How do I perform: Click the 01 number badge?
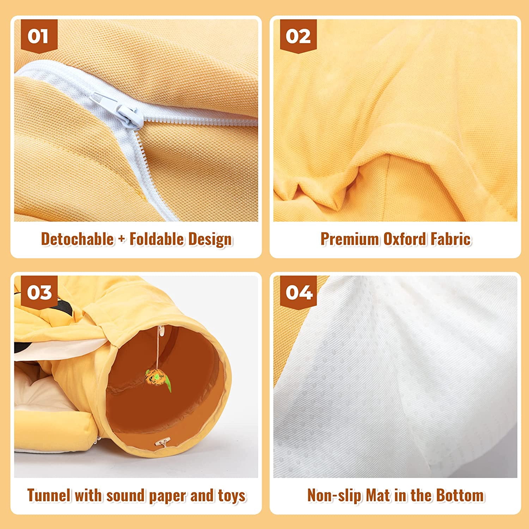point(38,36)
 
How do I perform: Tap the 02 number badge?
point(298,36)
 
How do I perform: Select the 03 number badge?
point(39,293)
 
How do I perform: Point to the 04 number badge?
point(299,293)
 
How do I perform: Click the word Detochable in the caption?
point(77,239)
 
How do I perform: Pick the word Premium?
point(349,239)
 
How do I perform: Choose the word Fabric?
point(451,239)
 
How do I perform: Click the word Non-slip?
point(334,496)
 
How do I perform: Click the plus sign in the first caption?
point(122,239)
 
